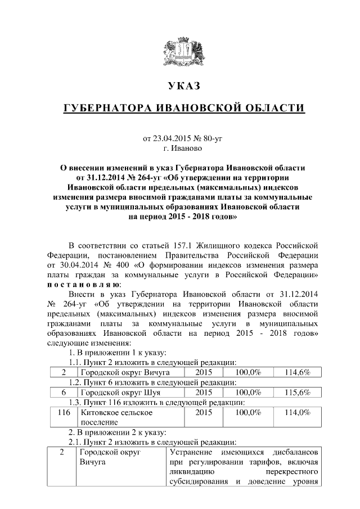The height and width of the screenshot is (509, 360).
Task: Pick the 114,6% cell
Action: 298,372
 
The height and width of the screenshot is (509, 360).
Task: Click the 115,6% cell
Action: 298,392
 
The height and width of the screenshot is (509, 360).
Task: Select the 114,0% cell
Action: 298,412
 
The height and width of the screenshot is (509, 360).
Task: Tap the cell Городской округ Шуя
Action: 116,392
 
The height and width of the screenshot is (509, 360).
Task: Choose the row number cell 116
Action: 64,412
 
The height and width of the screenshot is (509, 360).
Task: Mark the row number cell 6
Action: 64,392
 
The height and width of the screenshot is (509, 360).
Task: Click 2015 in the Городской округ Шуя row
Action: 203,392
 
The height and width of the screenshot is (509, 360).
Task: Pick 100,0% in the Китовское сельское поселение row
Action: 247,412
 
